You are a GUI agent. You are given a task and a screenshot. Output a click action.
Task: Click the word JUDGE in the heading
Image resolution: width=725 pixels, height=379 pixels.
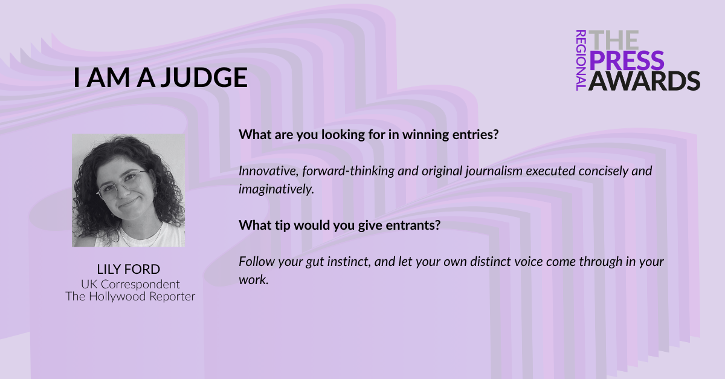click(204, 78)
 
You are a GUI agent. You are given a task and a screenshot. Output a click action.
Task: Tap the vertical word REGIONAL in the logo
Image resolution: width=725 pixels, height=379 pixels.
click(581, 60)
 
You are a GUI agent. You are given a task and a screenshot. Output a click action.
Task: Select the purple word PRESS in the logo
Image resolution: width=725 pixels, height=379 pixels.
click(627, 60)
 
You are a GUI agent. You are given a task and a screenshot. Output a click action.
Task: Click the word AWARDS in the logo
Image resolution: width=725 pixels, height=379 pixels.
click(644, 80)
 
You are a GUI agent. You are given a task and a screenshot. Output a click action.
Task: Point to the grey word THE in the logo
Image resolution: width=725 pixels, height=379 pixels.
click(614, 40)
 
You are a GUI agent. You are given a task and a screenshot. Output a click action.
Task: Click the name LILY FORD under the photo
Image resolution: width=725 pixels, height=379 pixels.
click(129, 269)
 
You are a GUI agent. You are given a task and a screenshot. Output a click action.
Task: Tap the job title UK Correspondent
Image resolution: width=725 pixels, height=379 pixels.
click(130, 285)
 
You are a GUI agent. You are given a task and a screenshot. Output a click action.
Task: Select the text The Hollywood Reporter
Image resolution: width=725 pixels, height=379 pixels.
click(130, 296)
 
